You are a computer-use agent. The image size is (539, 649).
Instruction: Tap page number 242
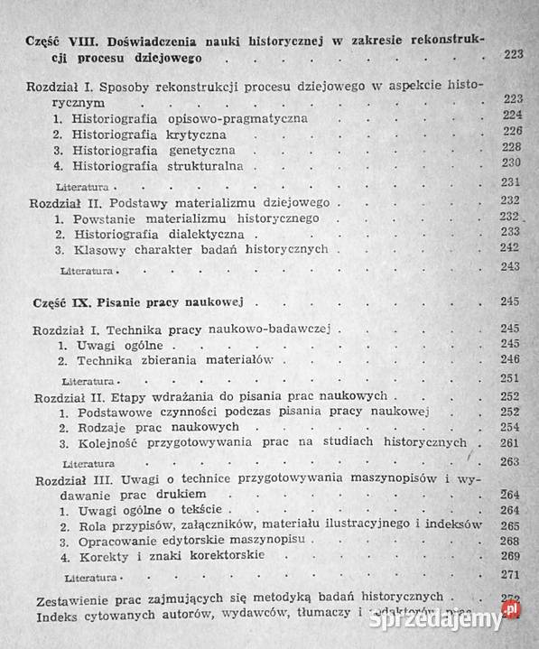click(x=511, y=250)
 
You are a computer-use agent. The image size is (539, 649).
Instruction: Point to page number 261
click(x=511, y=444)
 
